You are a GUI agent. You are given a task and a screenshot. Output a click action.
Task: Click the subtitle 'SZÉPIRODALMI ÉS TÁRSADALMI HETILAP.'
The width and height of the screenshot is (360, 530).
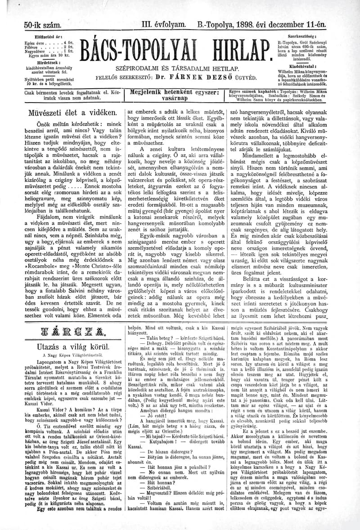[x=177, y=68]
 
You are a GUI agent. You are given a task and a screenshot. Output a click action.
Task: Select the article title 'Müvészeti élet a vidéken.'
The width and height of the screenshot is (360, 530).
[x=73, y=112]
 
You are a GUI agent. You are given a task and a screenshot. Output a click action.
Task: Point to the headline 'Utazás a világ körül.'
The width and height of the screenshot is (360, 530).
[x=73, y=347]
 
